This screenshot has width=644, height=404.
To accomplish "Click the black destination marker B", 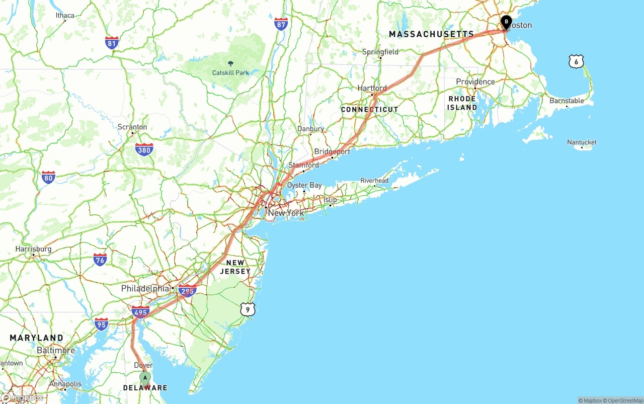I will (x=506, y=22).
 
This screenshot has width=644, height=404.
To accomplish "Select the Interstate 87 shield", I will (x=281, y=24).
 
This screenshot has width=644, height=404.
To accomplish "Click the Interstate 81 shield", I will (x=112, y=43).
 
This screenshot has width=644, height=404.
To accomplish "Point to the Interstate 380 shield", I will (x=144, y=149).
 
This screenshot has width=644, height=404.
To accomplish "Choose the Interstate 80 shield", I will (x=48, y=177).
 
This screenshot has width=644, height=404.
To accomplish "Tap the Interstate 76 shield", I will (x=100, y=260).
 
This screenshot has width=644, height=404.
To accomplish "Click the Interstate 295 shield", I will (x=187, y=291).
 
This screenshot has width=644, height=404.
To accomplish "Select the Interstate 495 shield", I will (x=140, y=312).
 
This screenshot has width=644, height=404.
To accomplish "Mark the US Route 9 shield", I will (x=248, y=309).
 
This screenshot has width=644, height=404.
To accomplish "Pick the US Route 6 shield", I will (x=576, y=62).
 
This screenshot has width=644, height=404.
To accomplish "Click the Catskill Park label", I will (x=230, y=72).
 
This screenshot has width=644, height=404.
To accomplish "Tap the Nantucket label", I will (x=582, y=142).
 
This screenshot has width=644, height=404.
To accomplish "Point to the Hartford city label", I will (x=372, y=88).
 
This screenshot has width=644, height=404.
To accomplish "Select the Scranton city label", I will (x=132, y=127).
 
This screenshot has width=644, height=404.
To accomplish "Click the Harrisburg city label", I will (x=33, y=249).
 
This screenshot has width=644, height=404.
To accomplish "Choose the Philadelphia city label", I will (x=145, y=289).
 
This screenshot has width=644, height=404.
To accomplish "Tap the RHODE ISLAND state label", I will (x=462, y=103).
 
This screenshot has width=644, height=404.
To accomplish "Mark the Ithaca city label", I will (x=65, y=16).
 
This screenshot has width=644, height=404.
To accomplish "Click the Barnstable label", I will (x=567, y=101).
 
